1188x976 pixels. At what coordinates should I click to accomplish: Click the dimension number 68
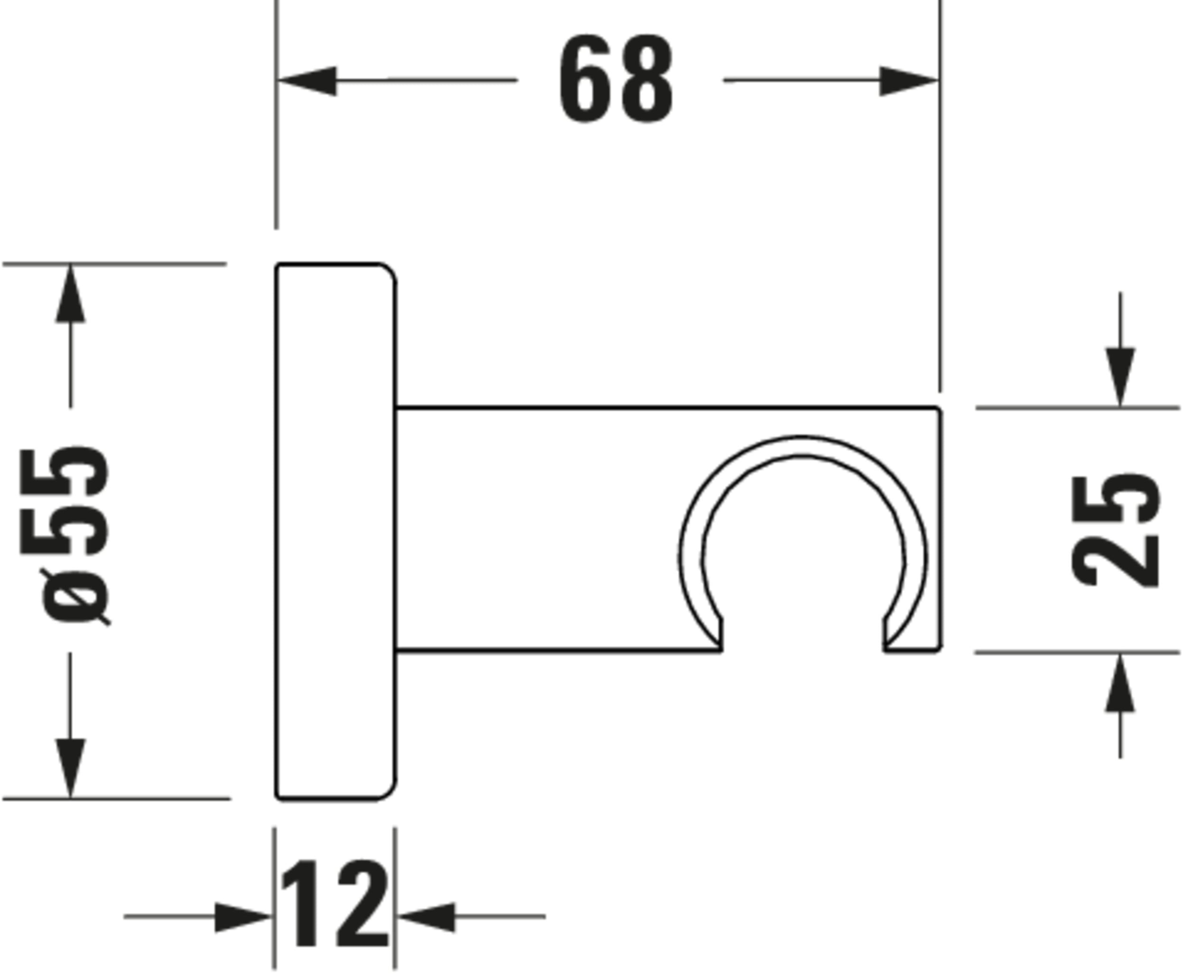(616, 79)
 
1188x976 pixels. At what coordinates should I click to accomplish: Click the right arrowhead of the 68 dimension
(908, 80)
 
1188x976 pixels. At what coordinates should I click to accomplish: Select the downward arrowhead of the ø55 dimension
(70, 767)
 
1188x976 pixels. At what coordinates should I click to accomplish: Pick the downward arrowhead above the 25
(1120, 376)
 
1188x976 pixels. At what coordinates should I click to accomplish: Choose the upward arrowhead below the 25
(1120, 684)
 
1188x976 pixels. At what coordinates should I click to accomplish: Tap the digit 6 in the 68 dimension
(585, 79)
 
